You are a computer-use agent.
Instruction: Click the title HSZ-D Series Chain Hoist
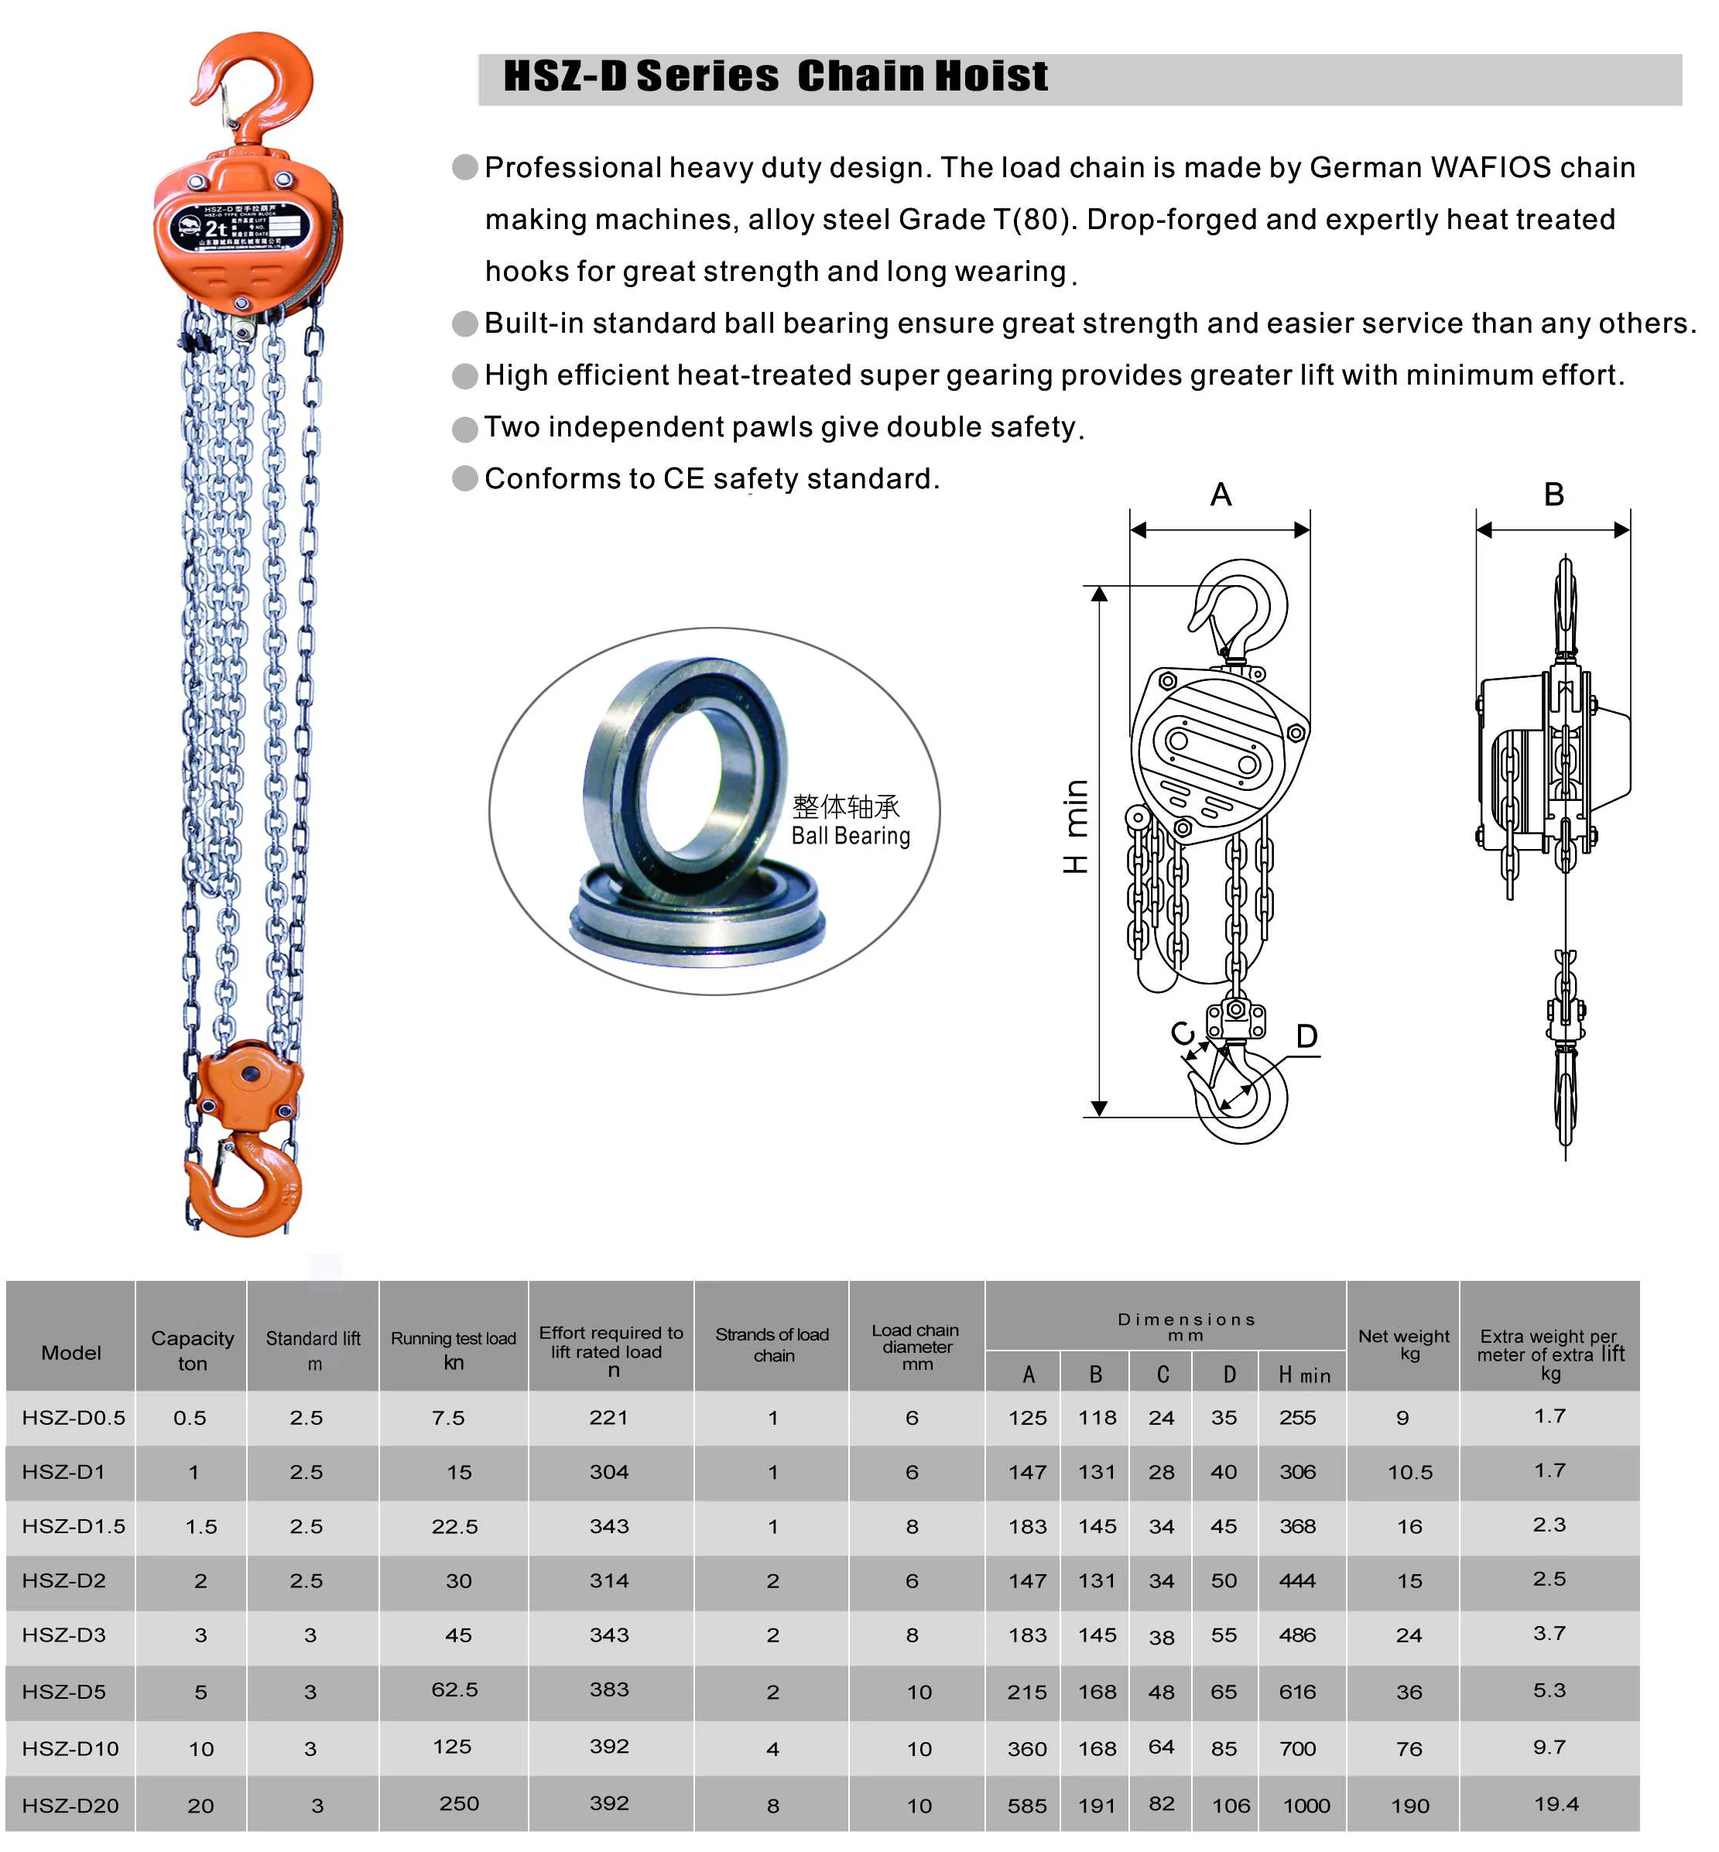click(x=775, y=77)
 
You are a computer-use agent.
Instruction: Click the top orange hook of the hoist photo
click(x=262, y=84)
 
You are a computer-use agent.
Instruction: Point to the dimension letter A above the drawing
click(x=1221, y=495)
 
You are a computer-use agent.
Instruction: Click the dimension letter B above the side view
click(x=1553, y=495)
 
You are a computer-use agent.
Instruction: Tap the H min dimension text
click(x=1075, y=826)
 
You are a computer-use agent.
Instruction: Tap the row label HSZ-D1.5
click(x=74, y=1526)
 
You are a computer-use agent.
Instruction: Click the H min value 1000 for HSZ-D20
click(x=1306, y=1806)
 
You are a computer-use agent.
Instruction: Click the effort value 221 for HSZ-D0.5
click(x=608, y=1418)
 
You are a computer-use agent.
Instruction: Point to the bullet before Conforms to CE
click(x=464, y=478)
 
